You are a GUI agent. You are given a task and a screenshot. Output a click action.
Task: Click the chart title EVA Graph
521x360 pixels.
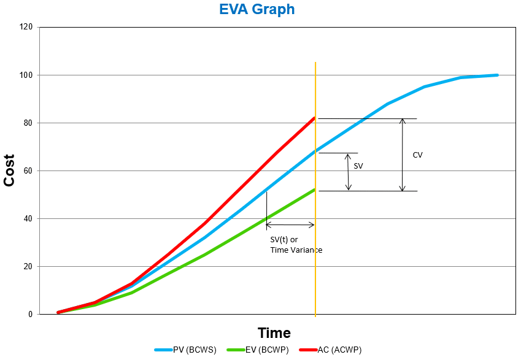(257, 10)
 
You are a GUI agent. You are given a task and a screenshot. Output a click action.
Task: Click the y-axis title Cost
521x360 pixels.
(10, 170)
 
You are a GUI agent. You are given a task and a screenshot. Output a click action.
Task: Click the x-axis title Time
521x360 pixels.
(274, 333)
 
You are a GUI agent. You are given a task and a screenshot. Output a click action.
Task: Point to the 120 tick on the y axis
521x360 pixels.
(26, 28)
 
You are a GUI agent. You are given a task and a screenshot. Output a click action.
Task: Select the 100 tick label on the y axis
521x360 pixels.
(26, 75)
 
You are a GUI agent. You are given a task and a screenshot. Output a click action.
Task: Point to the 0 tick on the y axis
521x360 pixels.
(30, 315)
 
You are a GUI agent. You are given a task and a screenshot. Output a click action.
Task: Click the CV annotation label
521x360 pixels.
(417, 155)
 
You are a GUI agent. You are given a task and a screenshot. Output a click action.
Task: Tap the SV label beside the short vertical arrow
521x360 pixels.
(358, 166)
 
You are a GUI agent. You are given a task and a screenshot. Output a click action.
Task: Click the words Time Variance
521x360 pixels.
(296, 250)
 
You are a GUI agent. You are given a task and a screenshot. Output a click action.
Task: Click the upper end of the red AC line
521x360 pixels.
(314, 118)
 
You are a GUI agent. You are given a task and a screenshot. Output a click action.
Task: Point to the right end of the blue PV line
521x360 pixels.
(496, 75)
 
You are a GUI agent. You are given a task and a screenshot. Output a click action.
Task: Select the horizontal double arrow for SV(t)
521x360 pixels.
(290, 225)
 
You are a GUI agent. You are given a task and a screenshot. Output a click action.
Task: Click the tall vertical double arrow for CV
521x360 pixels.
(403, 155)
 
